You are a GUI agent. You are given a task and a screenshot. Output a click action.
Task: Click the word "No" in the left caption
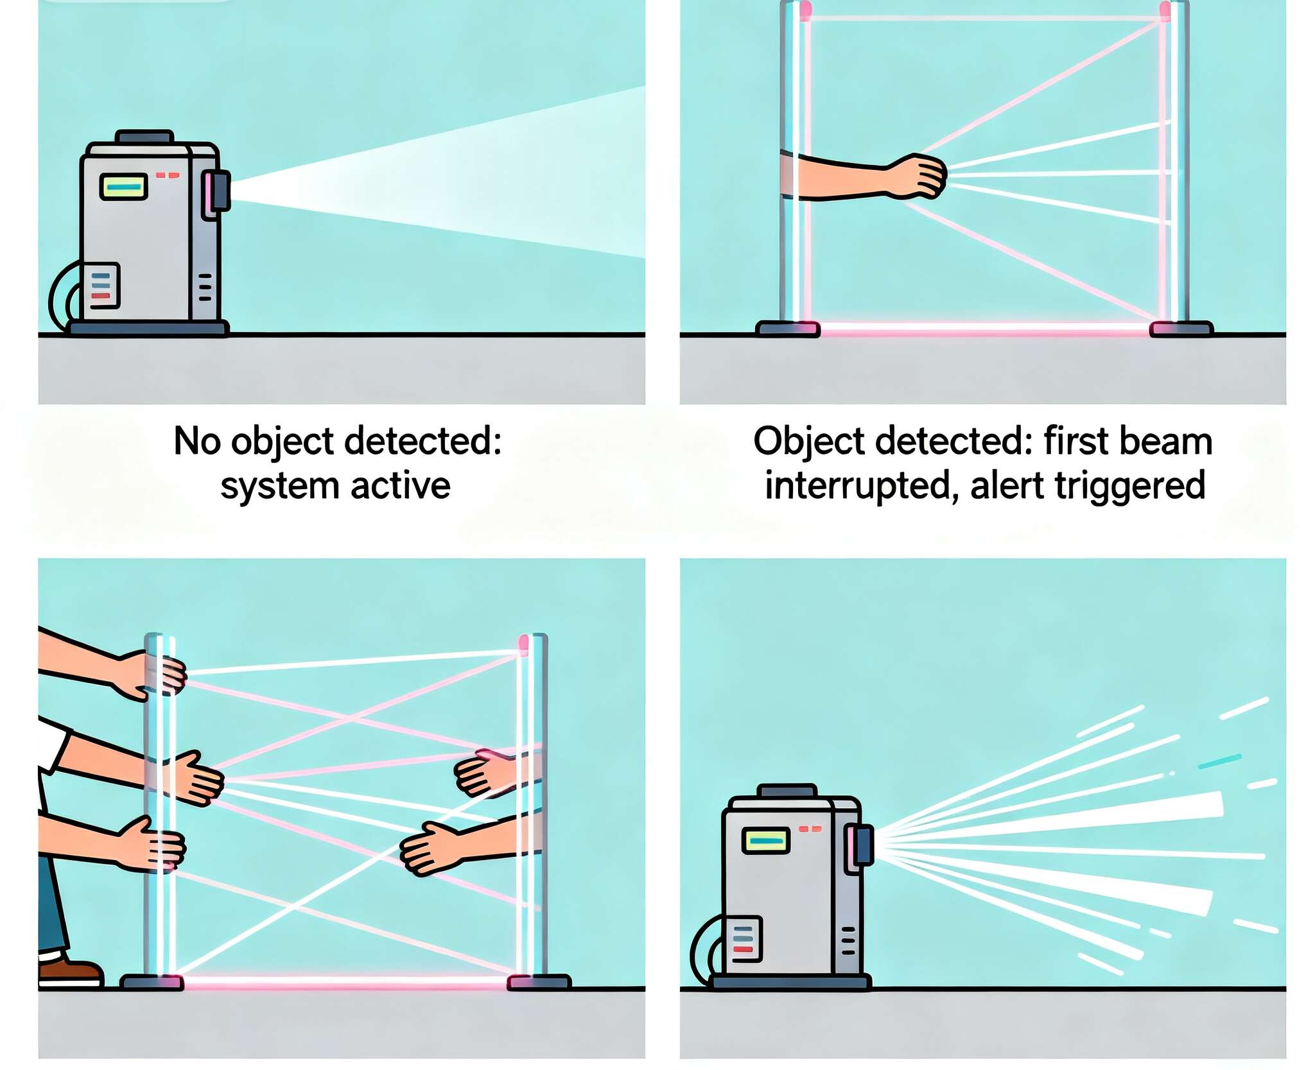point(196,442)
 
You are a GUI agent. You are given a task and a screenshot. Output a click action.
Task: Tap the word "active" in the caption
point(401,485)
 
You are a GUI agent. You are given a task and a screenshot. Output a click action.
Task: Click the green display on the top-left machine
point(124,187)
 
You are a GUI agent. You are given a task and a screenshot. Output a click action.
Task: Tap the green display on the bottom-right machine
point(765,840)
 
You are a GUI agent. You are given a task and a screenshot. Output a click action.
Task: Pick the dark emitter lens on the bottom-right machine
point(864,845)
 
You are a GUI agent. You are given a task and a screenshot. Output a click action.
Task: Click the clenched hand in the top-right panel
point(918,176)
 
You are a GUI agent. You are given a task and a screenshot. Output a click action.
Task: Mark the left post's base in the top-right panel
point(788,329)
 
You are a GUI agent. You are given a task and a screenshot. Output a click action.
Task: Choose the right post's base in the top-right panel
point(1181,329)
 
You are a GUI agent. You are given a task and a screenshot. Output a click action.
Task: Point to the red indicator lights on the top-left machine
point(168,175)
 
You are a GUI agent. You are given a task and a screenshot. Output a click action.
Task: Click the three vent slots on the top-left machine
point(205,287)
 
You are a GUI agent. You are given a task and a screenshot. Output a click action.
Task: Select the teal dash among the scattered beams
point(1219,761)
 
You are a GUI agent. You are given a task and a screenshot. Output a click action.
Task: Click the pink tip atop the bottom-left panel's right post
point(523,643)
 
